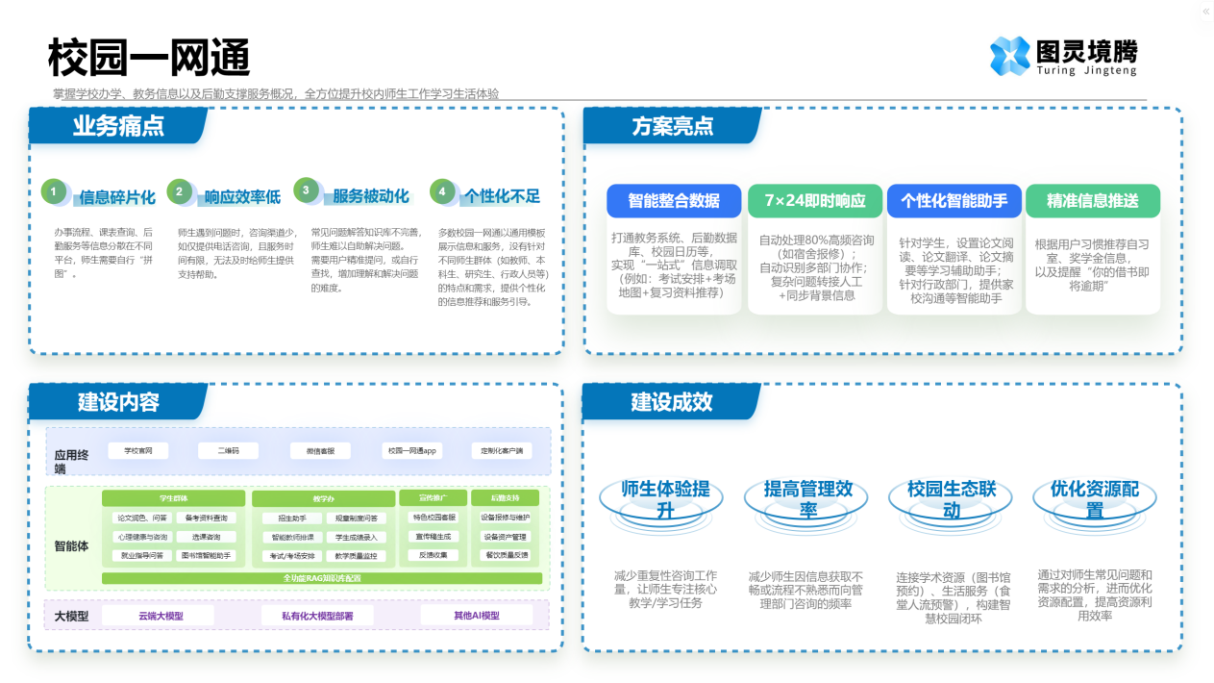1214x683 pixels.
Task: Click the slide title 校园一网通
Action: pyautogui.click(x=149, y=58)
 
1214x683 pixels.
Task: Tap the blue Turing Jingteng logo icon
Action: pyautogui.click(x=1009, y=56)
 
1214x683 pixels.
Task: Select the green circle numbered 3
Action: pyautogui.click(x=306, y=191)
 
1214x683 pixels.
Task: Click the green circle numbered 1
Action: pyautogui.click(x=54, y=192)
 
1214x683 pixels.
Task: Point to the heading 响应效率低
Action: pyautogui.click(x=242, y=197)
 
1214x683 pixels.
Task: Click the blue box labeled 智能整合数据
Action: pyautogui.click(x=674, y=201)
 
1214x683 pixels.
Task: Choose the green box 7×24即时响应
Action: pyautogui.click(x=815, y=201)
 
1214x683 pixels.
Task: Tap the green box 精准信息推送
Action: pyautogui.click(x=1092, y=201)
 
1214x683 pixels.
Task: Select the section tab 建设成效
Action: pyautogui.click(x=672, y=402)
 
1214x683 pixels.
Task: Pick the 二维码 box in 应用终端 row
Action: pyautogui.click(x=228, y=450)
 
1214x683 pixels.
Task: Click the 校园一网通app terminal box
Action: pyautogui.click(x=412, y=450)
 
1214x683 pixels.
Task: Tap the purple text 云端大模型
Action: pyautogui.click(x=161, y=616)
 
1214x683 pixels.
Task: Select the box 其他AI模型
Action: pyautogui.click(x=476, y=616)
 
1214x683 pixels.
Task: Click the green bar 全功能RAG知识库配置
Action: pyautogui.click(x=322, y=578)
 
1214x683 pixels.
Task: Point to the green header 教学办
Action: pyautogui.click(x=323, y=498)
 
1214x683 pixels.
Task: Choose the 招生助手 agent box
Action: pyautogui.click(x=287, y=519)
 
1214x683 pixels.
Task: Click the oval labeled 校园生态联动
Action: pyautogui.click(x=950, y=499)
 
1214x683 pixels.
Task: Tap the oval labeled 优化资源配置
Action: pyautogui.click(x=1094, y=499)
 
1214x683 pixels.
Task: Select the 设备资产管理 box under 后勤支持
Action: pyautogui.click(x=505, y=537)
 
